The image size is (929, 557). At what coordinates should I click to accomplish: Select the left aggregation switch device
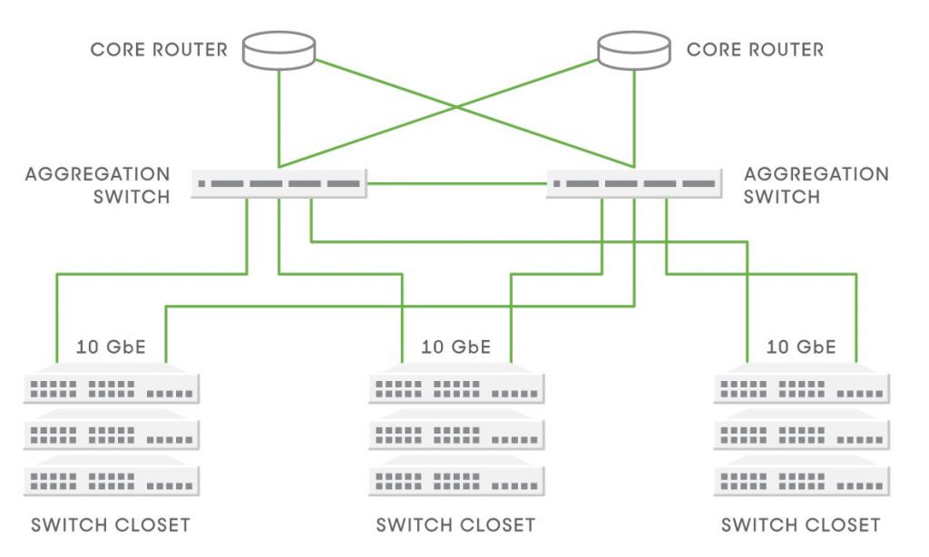[x=279, y=183]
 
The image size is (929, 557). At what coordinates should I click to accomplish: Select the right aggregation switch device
[x=634, y=183]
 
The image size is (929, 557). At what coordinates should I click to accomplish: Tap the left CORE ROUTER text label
[x=159, y=49]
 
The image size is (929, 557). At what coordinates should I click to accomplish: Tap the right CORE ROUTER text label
[x=755, y=49]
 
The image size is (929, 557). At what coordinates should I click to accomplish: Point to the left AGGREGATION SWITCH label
[x=97, y=184]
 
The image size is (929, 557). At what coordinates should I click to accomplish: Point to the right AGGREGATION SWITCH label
[x=816, y=184]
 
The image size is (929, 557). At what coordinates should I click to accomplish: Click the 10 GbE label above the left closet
[x=111, y=347]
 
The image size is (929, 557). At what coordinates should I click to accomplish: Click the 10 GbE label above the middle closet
[x=455, y=347]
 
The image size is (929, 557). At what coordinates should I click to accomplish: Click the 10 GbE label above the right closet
[x=801, y=347]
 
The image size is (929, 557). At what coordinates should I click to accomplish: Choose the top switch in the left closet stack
[x=111, y=387]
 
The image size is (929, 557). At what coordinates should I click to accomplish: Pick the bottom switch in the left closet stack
[x=111, y=480]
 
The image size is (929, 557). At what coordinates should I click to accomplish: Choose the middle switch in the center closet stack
[x=456, y=435]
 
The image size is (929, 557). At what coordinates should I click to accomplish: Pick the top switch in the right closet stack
[x=801, y=387]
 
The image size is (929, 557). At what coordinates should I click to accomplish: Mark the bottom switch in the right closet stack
[x=801, y=480]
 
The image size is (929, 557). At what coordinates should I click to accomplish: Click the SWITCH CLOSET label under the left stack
[x=111, y=524]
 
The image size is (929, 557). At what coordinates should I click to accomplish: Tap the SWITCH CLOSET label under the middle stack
[x=455, y=524]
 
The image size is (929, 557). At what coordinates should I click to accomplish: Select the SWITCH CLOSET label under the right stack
[x=800, y=524]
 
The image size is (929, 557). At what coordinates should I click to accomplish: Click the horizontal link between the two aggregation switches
[x=456, y=184]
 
